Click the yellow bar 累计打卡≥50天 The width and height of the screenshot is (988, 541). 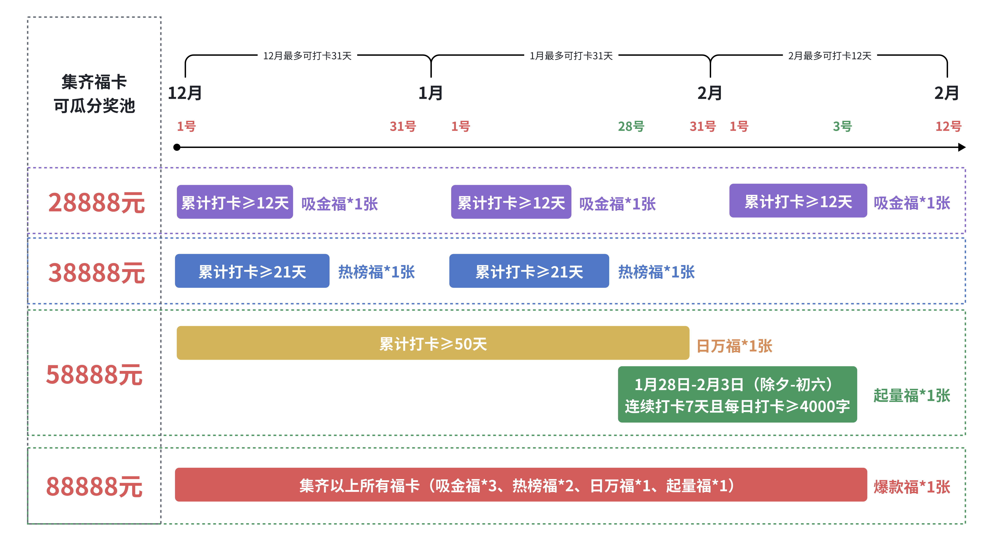pyautogui.click(x=433, y=343)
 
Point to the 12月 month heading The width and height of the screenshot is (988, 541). pyautogui.click(x=185, y=93)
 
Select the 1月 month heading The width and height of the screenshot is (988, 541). pyautogui.click(x=430, y=93)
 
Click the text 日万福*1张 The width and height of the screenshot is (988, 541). pyautogui.click(x=734, y=346)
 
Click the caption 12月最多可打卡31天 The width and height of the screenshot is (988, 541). pyautogui.click(x=307, y=56)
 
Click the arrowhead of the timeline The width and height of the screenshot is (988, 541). pyautogui.click(x=962, y=147)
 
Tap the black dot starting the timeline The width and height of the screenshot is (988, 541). pyautogui.click(x=177, y=147)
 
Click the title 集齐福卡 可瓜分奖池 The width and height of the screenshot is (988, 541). pyautogui.click(x=94, y=94)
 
